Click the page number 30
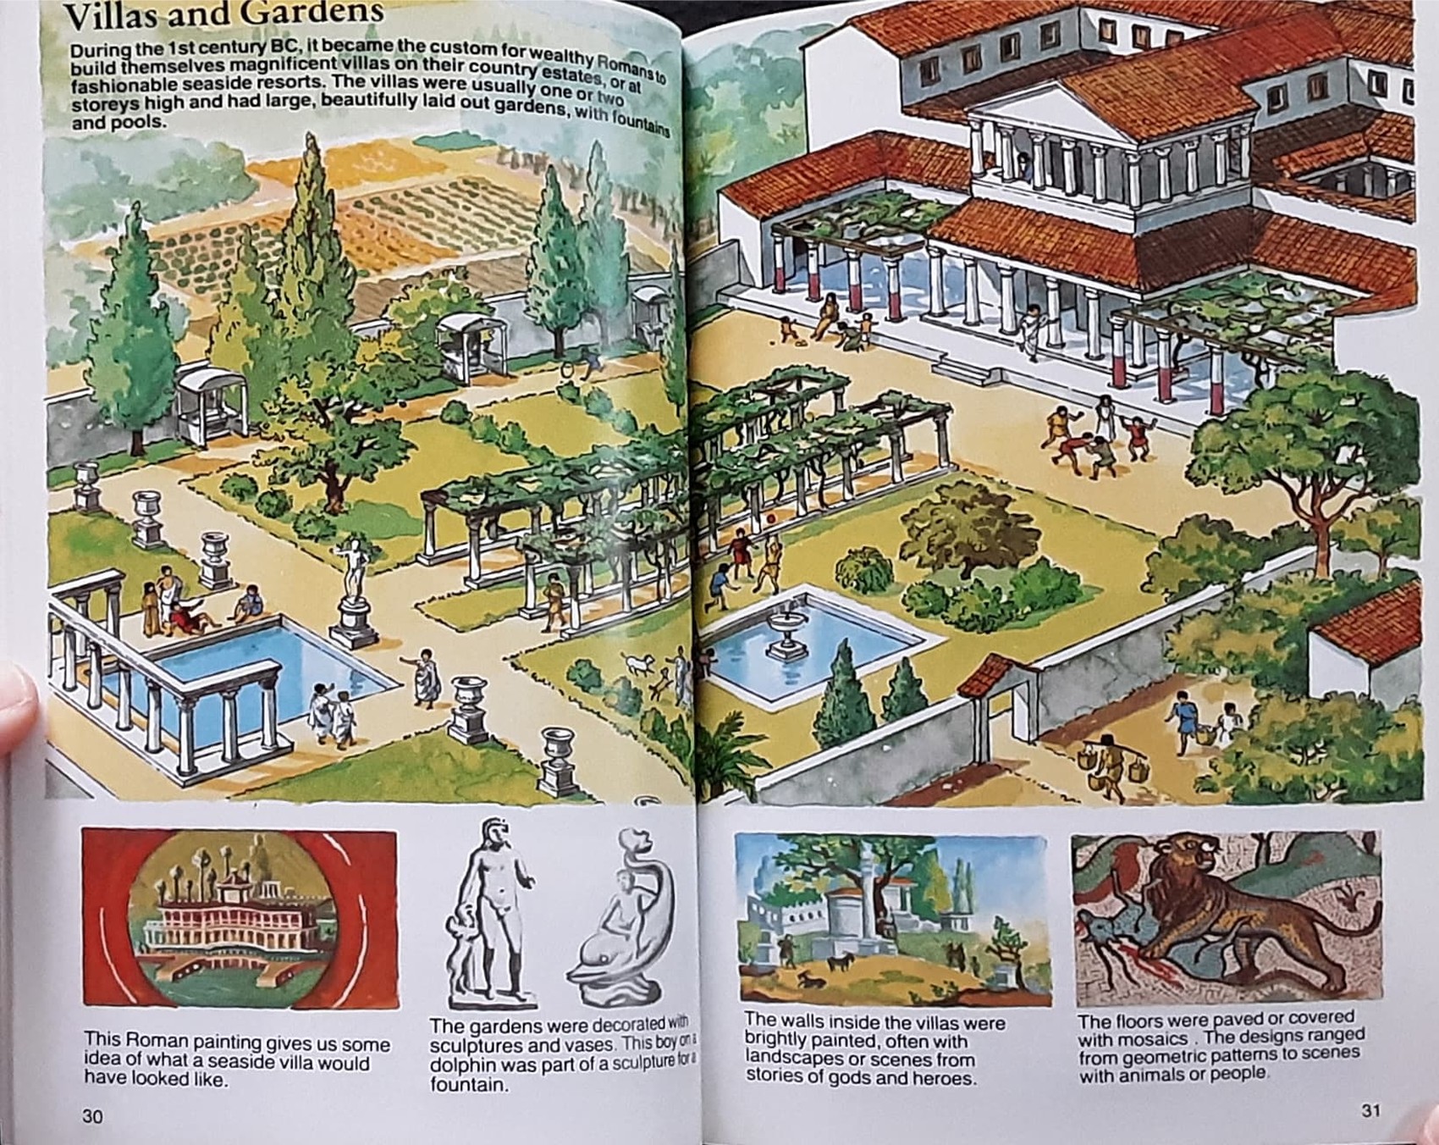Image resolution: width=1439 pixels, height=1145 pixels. coord(92,1115)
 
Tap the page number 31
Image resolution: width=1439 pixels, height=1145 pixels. coord(1371,1109)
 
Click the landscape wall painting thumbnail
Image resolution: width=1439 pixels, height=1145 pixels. coord(890,919)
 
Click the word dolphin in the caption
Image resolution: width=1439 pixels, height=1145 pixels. coord(464,1065)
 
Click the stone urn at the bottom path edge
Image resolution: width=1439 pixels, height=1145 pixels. coord(557,758)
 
